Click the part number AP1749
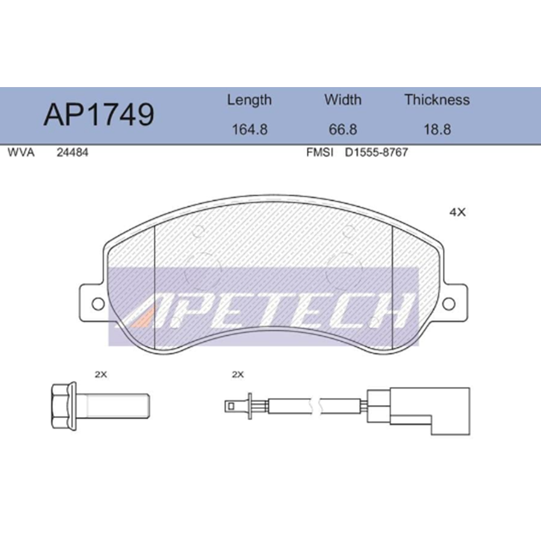(98, 115)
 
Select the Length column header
(249, 100)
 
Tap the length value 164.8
(249, 130)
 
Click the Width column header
(342, 100)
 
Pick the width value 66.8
(342, 130)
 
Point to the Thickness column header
(437, 100)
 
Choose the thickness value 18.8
(437, 130)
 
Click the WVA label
(21, 153)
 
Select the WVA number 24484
(72, 153)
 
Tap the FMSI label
(319, 153)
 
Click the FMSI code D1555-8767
(376, 153)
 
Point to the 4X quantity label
(457, 213)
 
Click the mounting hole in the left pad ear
(97, 304)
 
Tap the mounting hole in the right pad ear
(449, 304)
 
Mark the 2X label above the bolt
(101, 374)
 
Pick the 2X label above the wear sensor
(238, 374)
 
